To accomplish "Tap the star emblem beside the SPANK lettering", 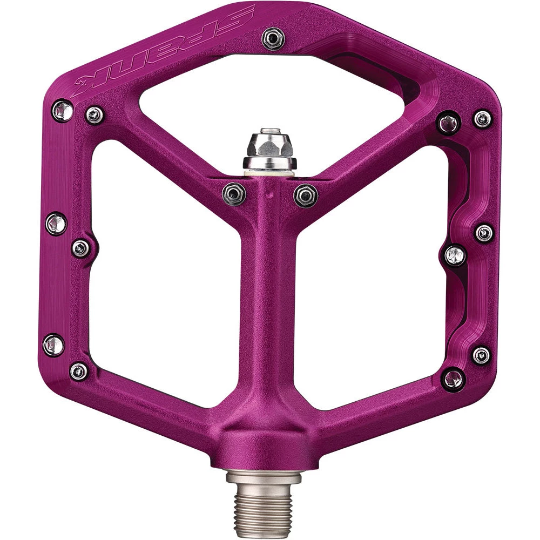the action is (x=83, y=82).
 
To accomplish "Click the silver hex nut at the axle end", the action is (x=269, y=144).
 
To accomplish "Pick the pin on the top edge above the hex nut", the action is (x=273, y=38).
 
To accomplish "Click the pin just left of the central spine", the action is (x=234, y=194).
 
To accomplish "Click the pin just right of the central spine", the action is (x=306, y=195).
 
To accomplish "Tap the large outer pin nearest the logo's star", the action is (x=62, y=111).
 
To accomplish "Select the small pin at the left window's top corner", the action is (x=94, y=114).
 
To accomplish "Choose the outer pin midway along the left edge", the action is (x=56, y=224).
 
